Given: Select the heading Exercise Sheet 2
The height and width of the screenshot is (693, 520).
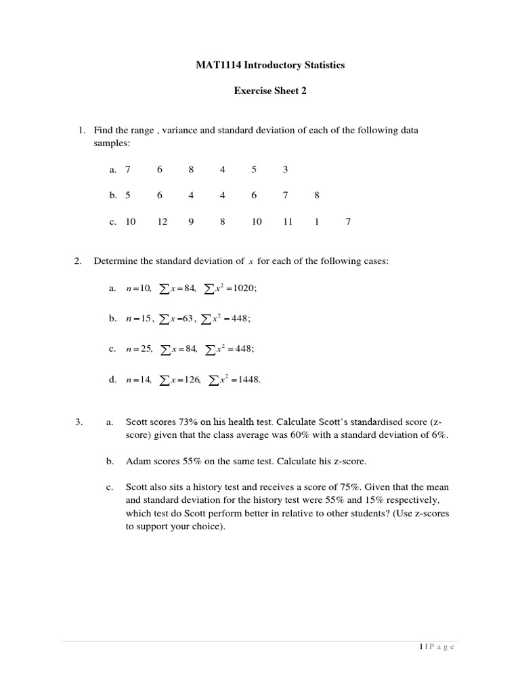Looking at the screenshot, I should coord(270,91).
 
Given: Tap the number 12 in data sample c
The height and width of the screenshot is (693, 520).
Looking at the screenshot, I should coord(162,221).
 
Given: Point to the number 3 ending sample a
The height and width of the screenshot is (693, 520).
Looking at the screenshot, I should coord(286,170).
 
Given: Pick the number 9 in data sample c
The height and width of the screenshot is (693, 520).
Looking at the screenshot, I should coord(192,221).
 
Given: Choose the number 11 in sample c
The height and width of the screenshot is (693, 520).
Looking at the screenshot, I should coord(288,221).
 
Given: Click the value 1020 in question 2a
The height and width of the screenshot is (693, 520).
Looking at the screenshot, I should coord(244,288).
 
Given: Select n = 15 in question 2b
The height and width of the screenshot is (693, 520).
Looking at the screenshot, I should coord(139,318).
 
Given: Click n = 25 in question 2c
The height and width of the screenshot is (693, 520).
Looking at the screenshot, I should coord(139,349).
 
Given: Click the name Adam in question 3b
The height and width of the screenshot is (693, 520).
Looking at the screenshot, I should coord(137,462).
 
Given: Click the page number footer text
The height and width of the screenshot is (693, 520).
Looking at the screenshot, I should coord(437,647).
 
